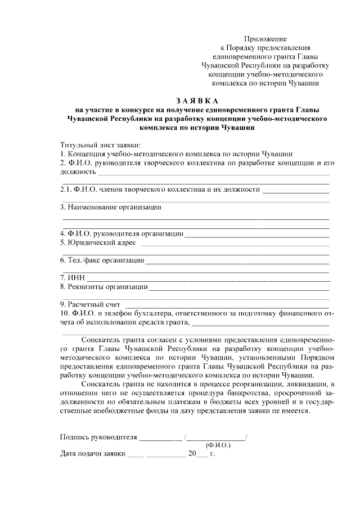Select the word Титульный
click(78, 145)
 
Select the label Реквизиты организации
click(107, 287)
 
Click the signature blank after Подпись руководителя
click(160, 438)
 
